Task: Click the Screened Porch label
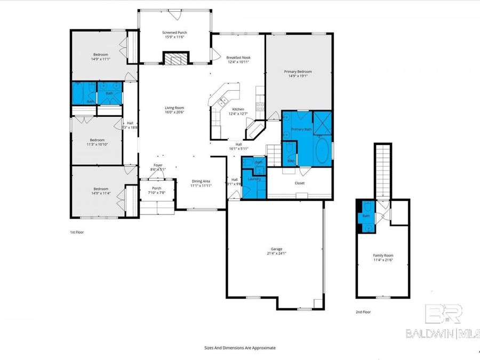(174, 33)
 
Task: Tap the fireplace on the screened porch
(175, 58)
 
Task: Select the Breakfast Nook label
(238, 58)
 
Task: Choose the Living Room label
(174, 108)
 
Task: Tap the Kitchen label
(238, 109)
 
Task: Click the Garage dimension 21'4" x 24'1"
(276, 253)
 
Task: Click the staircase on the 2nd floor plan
(383, 171)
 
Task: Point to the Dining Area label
(202, 181)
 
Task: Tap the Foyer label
(158, 165)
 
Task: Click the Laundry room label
(254, 179)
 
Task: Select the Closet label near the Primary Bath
(300, 183)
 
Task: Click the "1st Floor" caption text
(77, 233)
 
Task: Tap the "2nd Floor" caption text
(363, 311)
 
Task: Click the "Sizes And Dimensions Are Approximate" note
(240, 347)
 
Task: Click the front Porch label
(157, 188)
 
